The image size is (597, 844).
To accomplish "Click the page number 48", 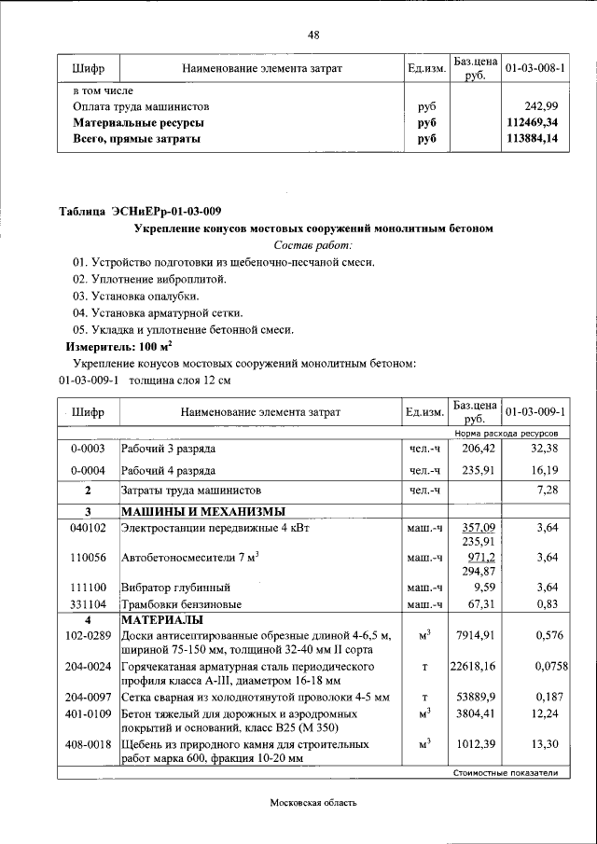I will point(313,35).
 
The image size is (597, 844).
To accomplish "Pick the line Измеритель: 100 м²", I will point(105,346).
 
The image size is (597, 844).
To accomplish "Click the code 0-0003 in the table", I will point(88,449).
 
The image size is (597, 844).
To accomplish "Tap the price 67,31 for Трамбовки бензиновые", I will point(475,603).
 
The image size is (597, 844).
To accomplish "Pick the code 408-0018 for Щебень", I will point(88,744).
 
